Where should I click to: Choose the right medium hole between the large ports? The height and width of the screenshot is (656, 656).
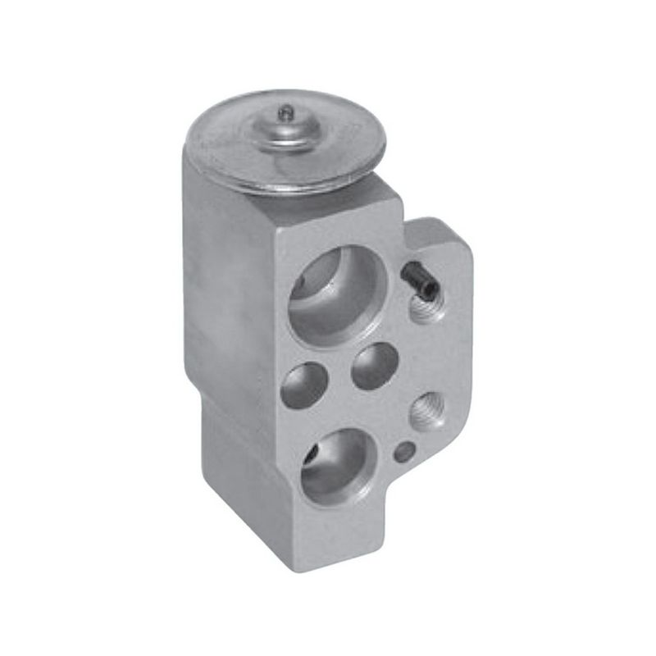click(x=375, y=365)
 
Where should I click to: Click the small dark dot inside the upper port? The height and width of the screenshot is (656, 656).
click(x=298, y=283)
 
